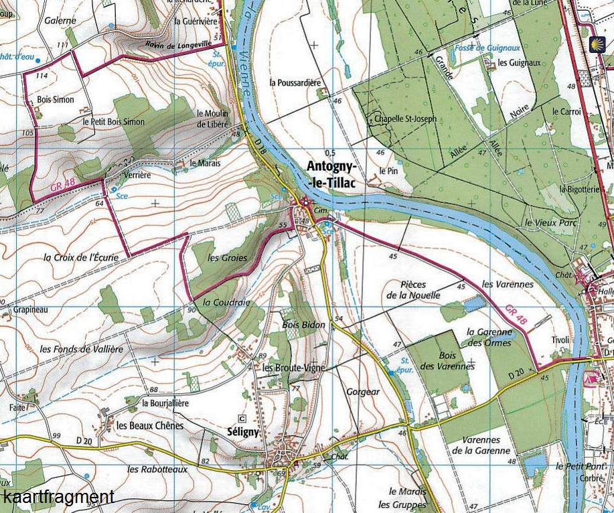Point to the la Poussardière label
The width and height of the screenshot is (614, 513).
pyautogui.click(x=295, y=83)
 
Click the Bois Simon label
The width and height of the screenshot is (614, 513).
pyautogui.click(x=56, y=100)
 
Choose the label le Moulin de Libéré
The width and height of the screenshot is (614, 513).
pyautogui.click(x=212, y=119)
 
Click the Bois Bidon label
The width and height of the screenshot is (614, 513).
pyautogui.click(x=303, y=325)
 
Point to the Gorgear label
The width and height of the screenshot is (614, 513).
pyautogui.click(x=363, y=391)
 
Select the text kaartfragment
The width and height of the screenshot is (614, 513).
pyautogui.click(x=58, y=498)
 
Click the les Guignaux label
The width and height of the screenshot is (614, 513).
pyautogui.click(x=519, y=63)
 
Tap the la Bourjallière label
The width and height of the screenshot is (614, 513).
pyautogui.click(x=165, y=403)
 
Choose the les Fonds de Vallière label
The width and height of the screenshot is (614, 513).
pyautogui.click(x=81, y=349)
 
